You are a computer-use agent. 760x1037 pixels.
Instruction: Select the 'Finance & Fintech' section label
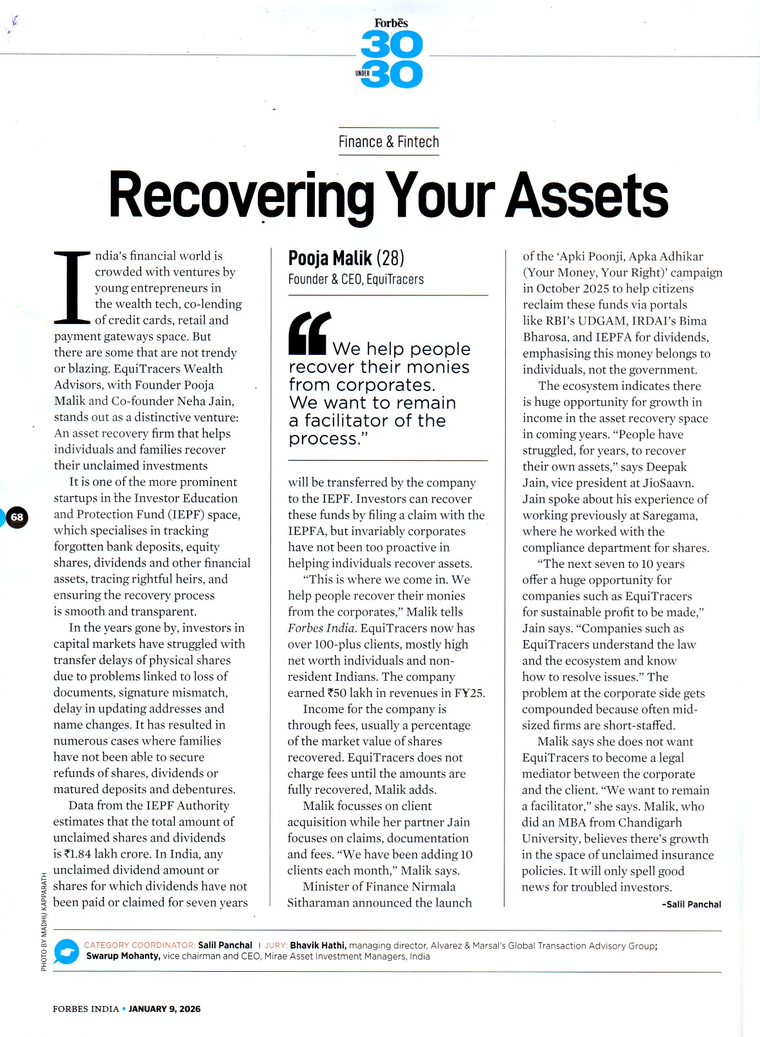coord(388,142)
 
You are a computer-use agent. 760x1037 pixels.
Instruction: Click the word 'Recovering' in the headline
coord(241,196)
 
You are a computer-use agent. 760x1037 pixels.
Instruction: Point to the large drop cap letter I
coord(72,288)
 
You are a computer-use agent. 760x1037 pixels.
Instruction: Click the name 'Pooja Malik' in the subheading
coord(330,259)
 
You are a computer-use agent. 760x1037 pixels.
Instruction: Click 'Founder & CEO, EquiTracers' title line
coord(355,279)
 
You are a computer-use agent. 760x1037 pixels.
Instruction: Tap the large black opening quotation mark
coord(310,333)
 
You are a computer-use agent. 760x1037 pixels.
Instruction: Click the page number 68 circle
coord(17,517)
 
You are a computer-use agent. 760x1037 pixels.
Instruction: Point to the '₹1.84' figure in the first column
coord(77,854)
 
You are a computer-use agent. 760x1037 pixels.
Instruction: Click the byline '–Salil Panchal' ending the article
coord(691,905)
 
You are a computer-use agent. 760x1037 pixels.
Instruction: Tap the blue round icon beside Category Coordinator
coord(66,951)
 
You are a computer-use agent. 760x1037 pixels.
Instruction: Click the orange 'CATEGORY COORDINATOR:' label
coord(139,945)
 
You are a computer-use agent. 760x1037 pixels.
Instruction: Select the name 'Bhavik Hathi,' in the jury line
coord(318,945)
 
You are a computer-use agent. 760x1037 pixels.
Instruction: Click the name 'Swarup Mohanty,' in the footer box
coord(123,956)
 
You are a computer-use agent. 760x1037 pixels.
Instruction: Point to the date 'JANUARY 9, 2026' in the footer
coord(165,1009)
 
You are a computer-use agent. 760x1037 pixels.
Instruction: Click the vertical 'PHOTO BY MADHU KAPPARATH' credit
coord(44,921)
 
